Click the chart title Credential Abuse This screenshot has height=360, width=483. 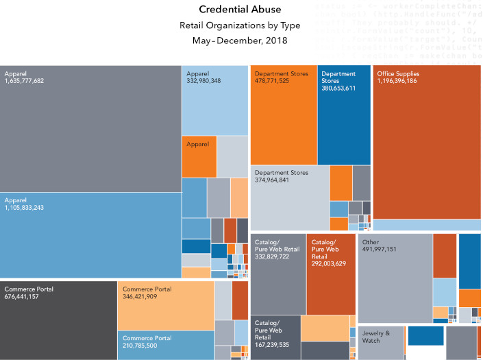pyautogui.click(x=241, y=10)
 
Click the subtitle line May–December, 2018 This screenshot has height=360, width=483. pyautogui.click(x=241, y=40)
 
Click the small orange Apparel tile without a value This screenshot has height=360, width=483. pyautogui.click(x=199, y=157)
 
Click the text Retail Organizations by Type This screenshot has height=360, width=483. pyautogui.click(x=241, y=25)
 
